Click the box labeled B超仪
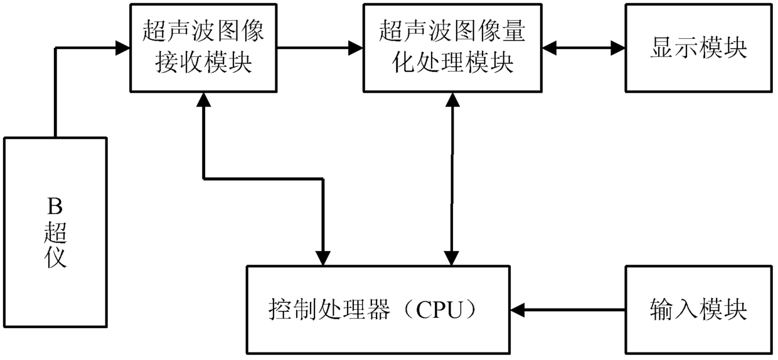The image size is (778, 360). tap(55, 232)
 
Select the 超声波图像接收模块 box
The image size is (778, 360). tap(203, 48)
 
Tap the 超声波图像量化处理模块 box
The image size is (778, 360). tap(452, 48)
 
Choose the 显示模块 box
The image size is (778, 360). tap(699, 48)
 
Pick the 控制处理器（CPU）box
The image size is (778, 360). tap(378, 310)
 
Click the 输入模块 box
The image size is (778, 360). tap(699, 310)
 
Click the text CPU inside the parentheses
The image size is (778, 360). tap(439, 310)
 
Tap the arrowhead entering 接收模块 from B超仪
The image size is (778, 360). tap(122, 48)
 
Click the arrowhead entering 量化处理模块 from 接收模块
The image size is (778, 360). tap(356, 48)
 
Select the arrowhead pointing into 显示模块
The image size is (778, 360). tap(618, 48)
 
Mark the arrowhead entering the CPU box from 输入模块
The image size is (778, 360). tap(518, 310)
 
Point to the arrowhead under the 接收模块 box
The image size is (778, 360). tap(203, 100)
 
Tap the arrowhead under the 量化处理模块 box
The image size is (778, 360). tap(452, 100)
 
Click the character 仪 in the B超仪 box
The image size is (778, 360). tap(55, 258)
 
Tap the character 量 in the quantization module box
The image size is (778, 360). tap(513, 31)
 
